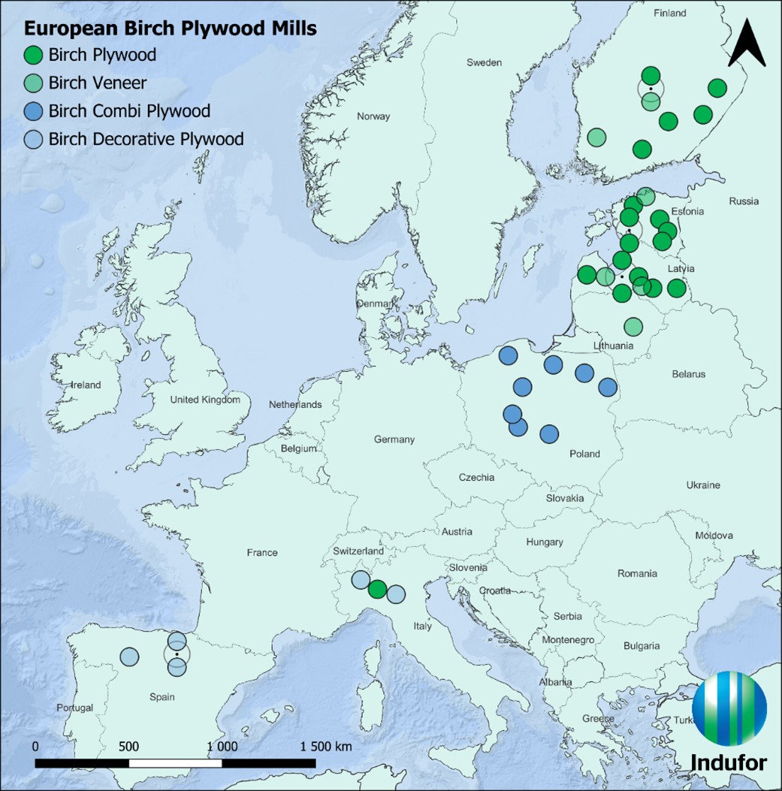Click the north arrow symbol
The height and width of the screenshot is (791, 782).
pyautogui.click(x=747, y=44)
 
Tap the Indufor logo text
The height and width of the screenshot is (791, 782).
pyautogui.click(x=728, y=762)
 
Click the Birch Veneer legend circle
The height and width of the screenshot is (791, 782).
pyautogui.click(x=33, y=83)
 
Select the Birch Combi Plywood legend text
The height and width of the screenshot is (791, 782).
pyautogui.click(x=129, y=111)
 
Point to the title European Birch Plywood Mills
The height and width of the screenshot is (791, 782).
pyautogui.click(x=170, y=29)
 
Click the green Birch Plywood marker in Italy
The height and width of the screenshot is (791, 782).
pyautogui.click(x=377, y=589)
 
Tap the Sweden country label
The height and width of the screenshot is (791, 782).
pyautogui.click(x=484, y=62)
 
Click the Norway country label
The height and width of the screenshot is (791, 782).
pyautogui.click(x=373, y=116)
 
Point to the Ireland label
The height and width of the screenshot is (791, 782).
pyautogui.click(x=86, y=385)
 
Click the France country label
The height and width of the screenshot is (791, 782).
pyautogui.click(x=261, y=553)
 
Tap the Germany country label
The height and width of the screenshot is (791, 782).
pyautogui.click(x=394, y=439)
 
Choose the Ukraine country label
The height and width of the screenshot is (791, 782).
pyautogui.click(x=702, y=485)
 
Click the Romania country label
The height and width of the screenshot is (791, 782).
pyautogui.click(x=637, y=574)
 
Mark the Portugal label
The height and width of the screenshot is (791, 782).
pyautogui.click(x=74, y=708)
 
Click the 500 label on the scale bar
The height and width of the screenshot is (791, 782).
pyautogui.click(x=128, y=747)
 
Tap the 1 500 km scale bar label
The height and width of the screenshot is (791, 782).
pyautogui.click(x=325, y=747)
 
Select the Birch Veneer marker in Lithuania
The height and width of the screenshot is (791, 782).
pyautogui.click(x=633, y=326)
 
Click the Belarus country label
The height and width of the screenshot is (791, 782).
pyautogui.click(x=688, y=374)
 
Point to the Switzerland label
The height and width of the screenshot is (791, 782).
pyautogui.click(x=358, y=551)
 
